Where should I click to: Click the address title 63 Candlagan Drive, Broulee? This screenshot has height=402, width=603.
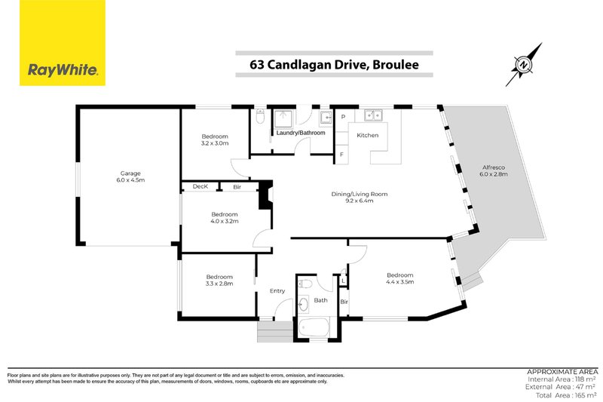[x=334, y=65]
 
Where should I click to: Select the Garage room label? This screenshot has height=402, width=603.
[x=130, y=176]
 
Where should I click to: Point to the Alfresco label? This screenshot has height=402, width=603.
[x=494, y=170]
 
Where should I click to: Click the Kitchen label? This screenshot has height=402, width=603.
[x=367, y=135]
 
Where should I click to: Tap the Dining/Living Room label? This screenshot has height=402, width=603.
[x=360, y=198]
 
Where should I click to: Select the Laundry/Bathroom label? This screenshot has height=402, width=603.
[x=301, y=133]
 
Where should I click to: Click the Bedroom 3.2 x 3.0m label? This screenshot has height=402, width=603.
[x=214, y=140]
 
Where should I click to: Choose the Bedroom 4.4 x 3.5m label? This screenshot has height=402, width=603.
[x=401, y=278]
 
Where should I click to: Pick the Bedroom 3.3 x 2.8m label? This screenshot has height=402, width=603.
[x=219, y=280]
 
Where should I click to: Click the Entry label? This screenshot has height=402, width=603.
[x=277, y=290]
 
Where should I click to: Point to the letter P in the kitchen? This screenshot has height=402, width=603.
[x=342, y=117]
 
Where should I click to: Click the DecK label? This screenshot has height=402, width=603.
[x=200, y=186]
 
